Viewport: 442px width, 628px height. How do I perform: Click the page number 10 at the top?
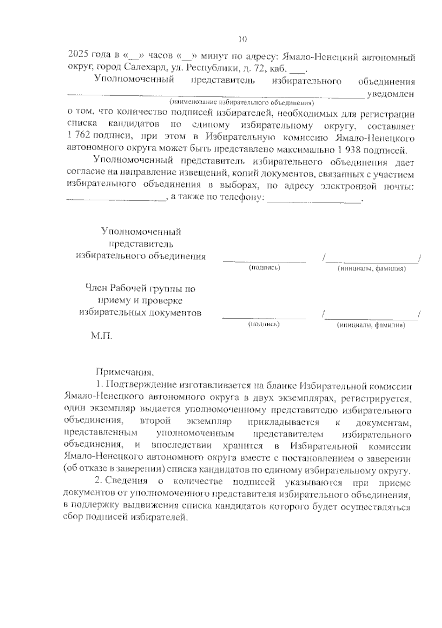point(242,39)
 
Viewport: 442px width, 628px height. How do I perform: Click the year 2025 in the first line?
point(78,55)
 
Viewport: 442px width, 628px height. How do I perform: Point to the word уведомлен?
point(390,94)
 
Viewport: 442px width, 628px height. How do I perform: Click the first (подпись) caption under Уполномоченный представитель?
point(264,268)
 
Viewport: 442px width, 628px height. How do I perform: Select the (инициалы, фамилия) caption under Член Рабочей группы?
point(371,326)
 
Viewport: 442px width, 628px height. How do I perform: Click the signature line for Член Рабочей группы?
point(264,317)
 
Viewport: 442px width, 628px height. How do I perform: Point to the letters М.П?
point(101,336)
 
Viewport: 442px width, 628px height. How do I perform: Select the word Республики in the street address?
point(208,68)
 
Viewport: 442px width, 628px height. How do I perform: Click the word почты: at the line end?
point(399,186)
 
